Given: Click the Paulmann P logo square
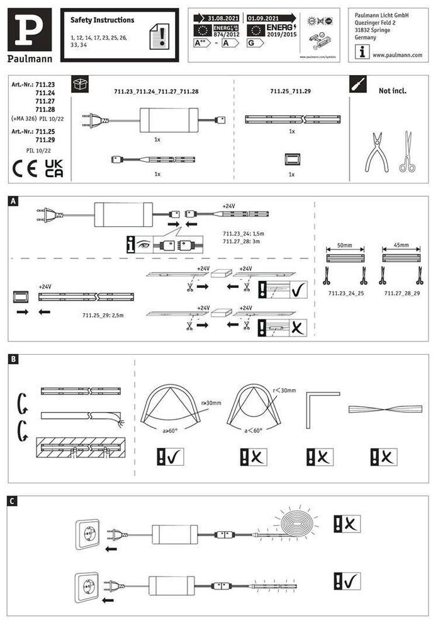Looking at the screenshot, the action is click(x=30, y=30).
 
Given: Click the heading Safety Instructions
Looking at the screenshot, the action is click(x=98, y=20).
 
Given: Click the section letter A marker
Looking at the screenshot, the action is click(x=13, y=201).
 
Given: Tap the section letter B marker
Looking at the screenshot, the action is click(x=13, y=359).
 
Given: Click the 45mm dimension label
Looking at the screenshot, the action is click(x=400, y=244).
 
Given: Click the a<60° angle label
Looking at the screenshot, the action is click(x=254, y=430).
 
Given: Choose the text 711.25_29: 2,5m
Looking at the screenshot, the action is click(x=103, y=314).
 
